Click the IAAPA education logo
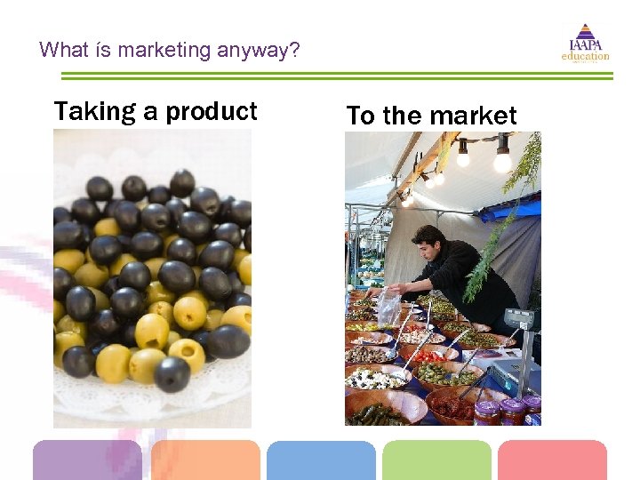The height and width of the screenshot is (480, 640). coord(585,42)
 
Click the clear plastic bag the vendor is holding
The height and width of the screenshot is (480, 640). coord(388,308)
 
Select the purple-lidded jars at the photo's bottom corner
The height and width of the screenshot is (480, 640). coord(508,411)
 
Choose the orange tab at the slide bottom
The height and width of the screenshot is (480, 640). coord(205,461)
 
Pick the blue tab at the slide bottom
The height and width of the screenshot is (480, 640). coord(321,461)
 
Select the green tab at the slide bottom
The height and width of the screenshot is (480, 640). coord(436,461)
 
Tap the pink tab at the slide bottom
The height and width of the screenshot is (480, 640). coord(552,461)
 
